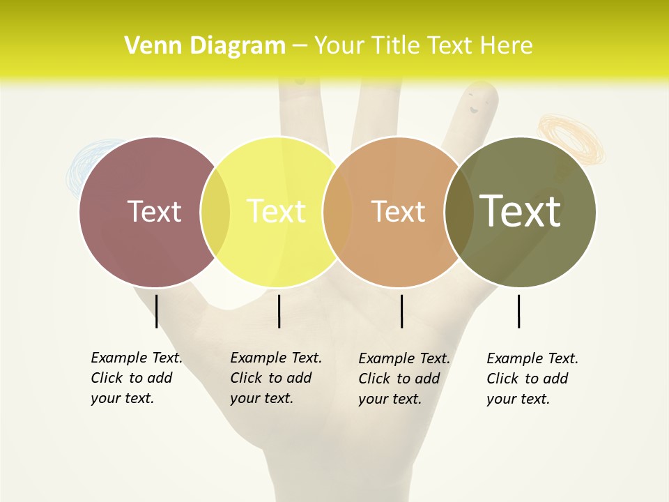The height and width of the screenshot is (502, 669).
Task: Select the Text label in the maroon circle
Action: point(154,211)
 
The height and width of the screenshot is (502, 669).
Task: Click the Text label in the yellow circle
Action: point(277,211)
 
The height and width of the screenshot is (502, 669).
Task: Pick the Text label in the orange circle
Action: point(398,211)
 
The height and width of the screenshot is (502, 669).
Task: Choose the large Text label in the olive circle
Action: point(521,211)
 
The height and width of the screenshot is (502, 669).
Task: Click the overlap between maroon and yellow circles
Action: point(215,212)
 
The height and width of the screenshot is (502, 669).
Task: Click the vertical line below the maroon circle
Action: point(157,311)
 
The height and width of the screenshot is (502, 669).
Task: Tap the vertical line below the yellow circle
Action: point(279,311)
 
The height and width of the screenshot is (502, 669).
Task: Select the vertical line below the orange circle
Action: point(402,311)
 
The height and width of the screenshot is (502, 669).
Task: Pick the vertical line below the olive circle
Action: point(519,311)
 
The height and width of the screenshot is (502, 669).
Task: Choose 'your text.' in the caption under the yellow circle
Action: point(262,398)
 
